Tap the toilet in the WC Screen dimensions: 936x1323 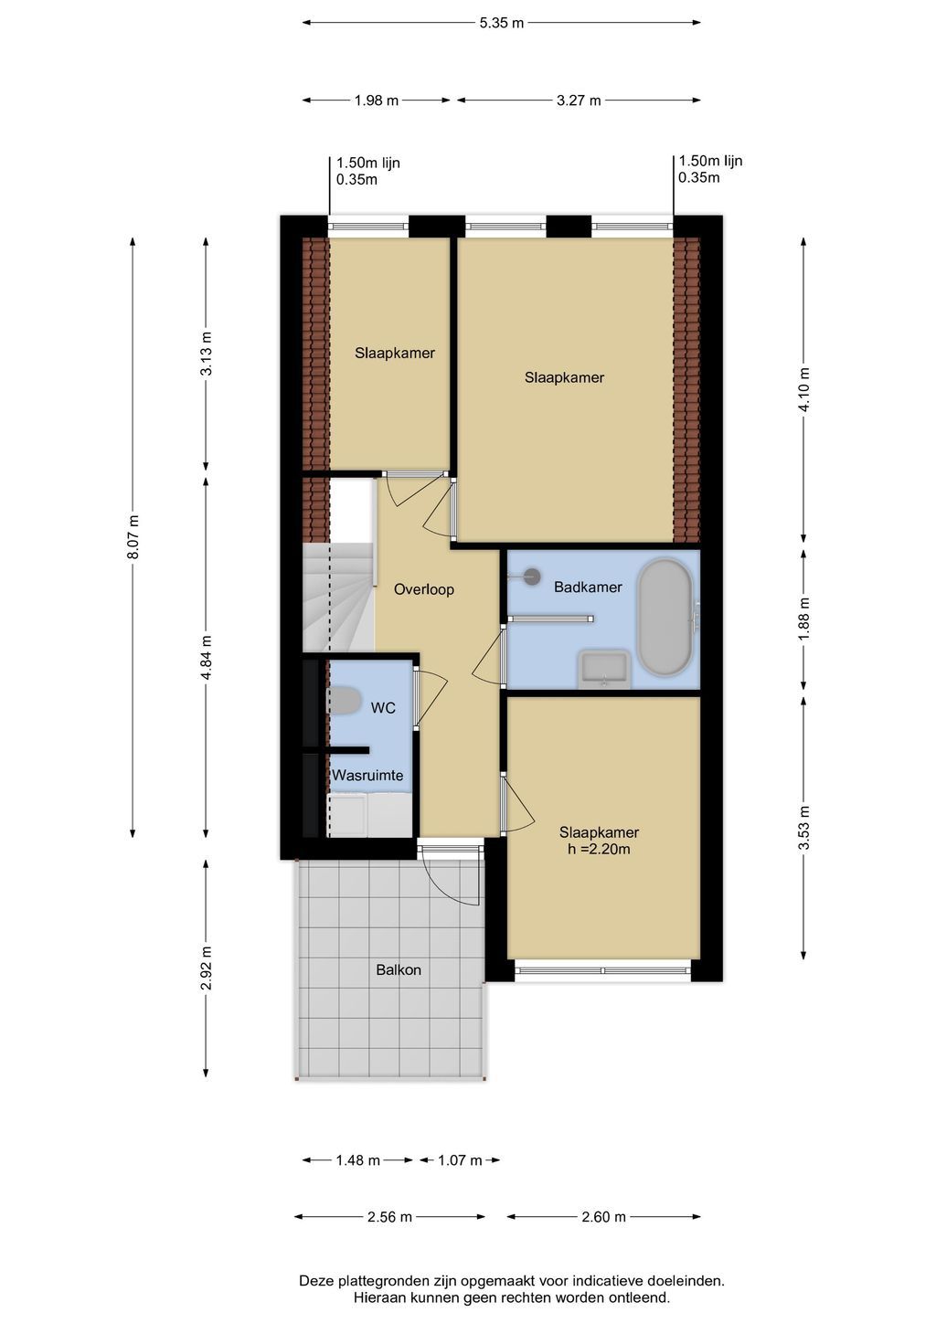click(x=345, y=701)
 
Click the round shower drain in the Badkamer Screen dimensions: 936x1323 click(x=533, y=576)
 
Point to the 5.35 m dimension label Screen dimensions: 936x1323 click(x=501, y=23)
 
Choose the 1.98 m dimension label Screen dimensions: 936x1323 click(x=377, y=101)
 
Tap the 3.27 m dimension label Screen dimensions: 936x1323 click(x=579, y=101)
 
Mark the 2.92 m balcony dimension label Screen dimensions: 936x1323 click(x=207, y=968)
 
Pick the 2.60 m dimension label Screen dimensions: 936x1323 click(x=603, y=1217)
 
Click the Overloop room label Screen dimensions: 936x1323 click(x=424, y=589)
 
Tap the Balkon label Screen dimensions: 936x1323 click(x=399, y=969)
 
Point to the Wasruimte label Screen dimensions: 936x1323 click(x=367, y=775)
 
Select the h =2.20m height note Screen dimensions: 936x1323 click(x=599, y=850)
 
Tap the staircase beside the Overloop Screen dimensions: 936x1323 click(x=338, y=597)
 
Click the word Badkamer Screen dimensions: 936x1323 click(x=588, y=587)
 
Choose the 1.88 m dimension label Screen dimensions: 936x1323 click(x=803, y=619)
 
